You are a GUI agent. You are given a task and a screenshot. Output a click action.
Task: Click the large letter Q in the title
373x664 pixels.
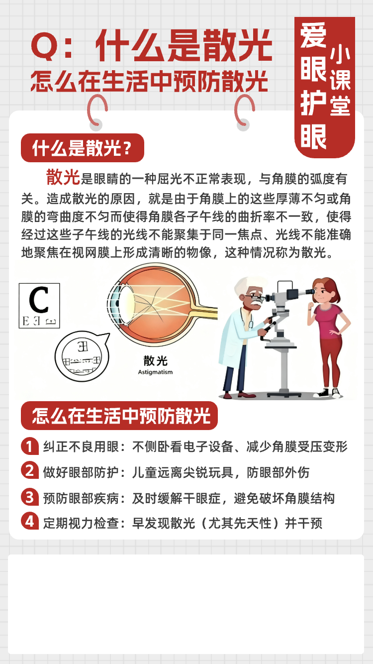(x=45, y=47)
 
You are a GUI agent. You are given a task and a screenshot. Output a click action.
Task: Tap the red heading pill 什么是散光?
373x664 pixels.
(x=83, y=148)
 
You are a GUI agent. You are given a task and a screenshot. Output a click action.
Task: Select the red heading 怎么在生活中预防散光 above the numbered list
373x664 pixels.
(x=119, y=416)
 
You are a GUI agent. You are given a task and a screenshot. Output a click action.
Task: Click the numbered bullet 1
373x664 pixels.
(x=30, y=446)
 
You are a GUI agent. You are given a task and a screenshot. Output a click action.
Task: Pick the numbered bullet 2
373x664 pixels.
(x=30, y=470)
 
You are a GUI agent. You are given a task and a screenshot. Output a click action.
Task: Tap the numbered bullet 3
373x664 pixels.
(x=30, y=497)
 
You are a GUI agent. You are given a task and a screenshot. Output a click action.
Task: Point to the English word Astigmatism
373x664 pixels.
(x=155, y=372)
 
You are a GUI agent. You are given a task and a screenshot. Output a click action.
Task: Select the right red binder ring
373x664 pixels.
(x=244, y=111)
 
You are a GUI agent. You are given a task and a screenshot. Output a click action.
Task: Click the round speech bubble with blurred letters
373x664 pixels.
(x=82, y=356)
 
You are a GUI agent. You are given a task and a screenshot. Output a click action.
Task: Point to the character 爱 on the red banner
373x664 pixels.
(x=313, y=35)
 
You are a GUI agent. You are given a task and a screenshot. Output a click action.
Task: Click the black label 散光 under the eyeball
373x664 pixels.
(x=156, y=361)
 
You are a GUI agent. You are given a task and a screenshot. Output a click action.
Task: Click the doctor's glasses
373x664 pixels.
(x=255, y=297)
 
